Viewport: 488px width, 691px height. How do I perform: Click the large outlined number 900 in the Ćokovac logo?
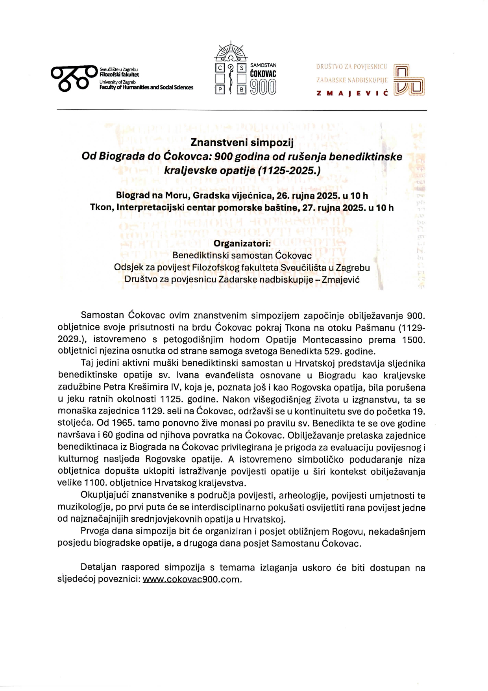tap(263, 87)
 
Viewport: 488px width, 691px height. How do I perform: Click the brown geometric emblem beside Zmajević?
tap(409, 80)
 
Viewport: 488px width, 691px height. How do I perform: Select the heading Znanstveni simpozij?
tap(242, 143)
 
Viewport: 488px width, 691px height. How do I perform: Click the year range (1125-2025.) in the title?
tap(290, 171)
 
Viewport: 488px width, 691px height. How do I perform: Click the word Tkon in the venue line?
tap(101, 208)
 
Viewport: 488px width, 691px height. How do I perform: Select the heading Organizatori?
tap(242, 244)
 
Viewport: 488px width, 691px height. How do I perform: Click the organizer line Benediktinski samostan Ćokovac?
tap(242, 256)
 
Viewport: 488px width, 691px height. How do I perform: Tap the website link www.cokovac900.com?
tap(191, 580)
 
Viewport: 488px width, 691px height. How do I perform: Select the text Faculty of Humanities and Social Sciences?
tap(146, 87)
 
